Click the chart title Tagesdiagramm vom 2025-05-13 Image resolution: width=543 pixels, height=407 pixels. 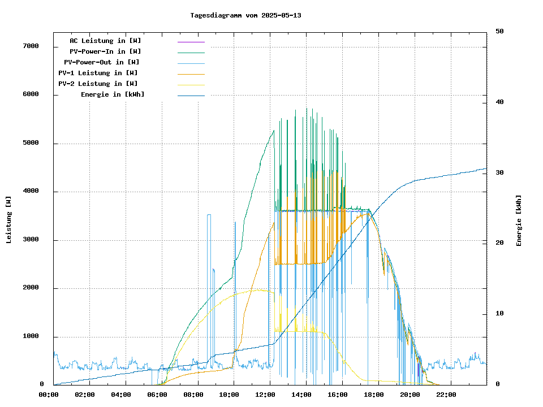(245, 15)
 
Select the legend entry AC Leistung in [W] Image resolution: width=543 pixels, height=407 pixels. (105, 41)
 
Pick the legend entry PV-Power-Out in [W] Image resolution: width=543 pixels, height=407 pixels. (102, 62)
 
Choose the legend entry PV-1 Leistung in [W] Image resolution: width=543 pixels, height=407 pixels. (98, 73)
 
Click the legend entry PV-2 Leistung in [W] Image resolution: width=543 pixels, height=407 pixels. (98, 84)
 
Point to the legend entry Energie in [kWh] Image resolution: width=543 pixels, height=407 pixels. (113, 94)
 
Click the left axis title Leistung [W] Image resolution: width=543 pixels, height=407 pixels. (9, 219)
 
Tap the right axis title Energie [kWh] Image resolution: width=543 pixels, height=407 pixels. (519, 220)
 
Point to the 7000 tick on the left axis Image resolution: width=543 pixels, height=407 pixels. (31, 46)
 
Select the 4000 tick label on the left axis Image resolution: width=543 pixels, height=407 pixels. (31, 192)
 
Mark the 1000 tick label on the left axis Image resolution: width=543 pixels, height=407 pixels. (31, 337)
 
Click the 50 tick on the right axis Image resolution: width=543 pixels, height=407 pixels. (499, 32)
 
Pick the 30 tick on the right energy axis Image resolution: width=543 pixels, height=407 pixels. (499, 173)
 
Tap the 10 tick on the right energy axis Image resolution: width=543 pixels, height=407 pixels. (499, 314)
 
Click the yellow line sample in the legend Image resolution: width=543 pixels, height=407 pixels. (191, 85)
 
